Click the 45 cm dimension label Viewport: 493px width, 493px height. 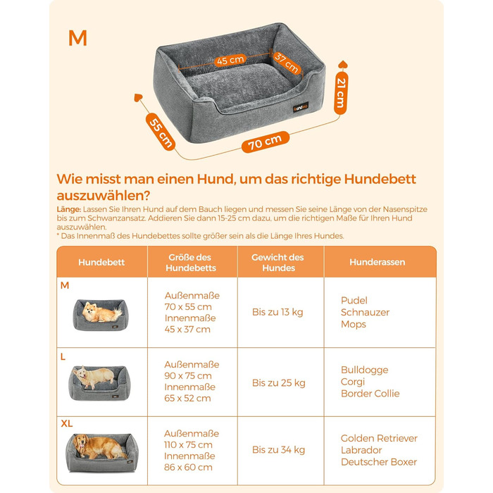(x=230, y=60)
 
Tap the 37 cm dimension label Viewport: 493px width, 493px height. (x=287, y=63)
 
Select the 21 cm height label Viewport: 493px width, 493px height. (x=341, y=93)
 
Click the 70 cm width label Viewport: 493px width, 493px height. (x=265, y=142)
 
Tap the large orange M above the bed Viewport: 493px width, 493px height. (x=77, y=38)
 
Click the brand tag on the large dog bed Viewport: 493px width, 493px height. (x=301, y=107)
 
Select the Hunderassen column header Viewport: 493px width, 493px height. (x=377, y=262)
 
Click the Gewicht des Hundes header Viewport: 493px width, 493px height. (x=278, y=263)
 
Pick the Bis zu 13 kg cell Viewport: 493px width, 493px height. (x=277, y=312)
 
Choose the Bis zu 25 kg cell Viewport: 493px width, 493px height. (x=279, y=382)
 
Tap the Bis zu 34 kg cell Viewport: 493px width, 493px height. (x=279, y=449)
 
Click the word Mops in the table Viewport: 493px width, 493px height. (x=354, y=325)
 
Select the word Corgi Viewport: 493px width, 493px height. (x=353, y=382)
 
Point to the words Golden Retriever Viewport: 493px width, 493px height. (x=379, y=438)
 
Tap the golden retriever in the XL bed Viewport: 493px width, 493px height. (x=99, y=447)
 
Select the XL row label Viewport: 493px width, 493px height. (x=67, y=423)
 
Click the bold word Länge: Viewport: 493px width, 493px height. (x=69, y=209)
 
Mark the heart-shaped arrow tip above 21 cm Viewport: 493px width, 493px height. (x=342, y=65)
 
